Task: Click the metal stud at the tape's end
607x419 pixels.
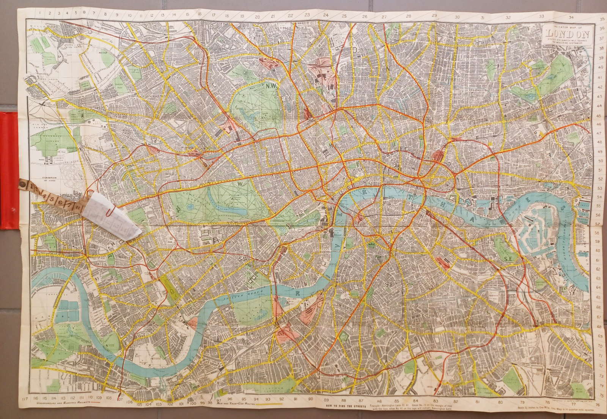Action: pyautogui.click(x=24, y=184)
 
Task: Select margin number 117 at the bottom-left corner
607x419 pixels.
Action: pyautogui.click(x=25, y=399)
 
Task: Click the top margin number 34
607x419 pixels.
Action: pyautogui.click(x=571, y=17)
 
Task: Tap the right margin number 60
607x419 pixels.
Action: pyautogui.click(x=597, y=251)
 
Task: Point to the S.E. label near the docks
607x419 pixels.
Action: pyautogui.click(x=509, y=259)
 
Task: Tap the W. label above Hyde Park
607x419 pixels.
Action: pyautogui.click(x=240, y=184)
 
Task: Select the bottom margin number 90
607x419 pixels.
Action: pyautogui.click(x=311, y=399)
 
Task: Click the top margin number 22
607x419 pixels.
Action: pyautogui.click(x=290, y=16)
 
